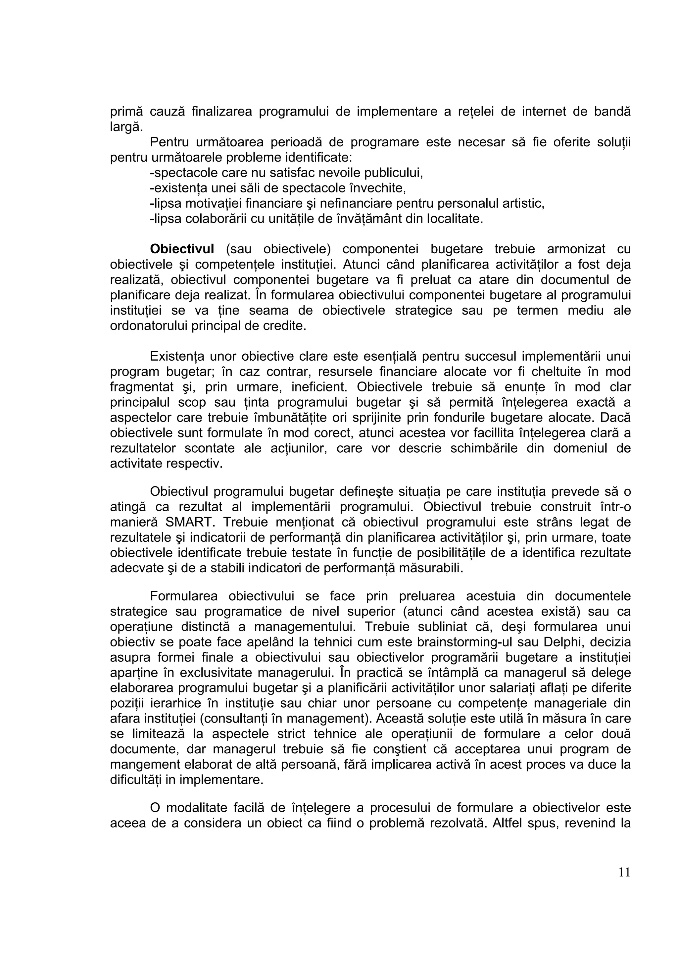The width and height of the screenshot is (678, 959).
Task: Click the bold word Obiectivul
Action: point(182,249)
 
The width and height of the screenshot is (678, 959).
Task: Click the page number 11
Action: point(624,873)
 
